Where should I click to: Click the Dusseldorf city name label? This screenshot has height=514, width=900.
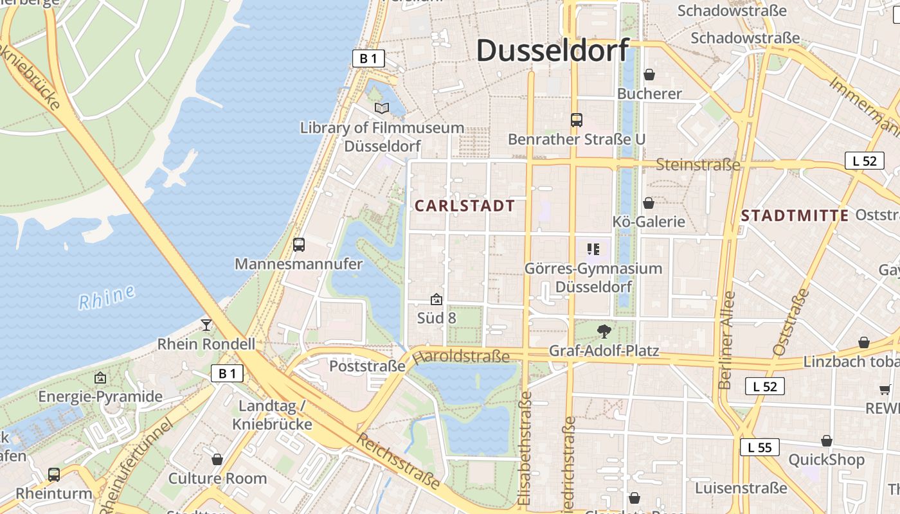click(552, 50)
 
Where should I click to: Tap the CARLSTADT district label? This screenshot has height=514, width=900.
click(465, 206)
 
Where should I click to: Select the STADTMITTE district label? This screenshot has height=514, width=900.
click(795, 216)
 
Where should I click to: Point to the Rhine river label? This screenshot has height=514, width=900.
click(107, 297)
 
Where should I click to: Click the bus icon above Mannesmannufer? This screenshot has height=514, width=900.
click(299, 245)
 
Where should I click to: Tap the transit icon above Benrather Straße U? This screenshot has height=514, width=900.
click(576, 120)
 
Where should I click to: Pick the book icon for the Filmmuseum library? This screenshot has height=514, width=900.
click(382, 109)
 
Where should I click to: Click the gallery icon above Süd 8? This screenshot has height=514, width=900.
click(437, 299)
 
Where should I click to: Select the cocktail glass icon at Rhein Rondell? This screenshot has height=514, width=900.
click(206, 324)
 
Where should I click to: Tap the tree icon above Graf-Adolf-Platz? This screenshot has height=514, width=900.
click(604, 332)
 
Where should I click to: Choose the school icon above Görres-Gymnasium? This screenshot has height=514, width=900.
click(593, 249)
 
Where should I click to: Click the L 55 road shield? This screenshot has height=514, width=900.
click(759, 447)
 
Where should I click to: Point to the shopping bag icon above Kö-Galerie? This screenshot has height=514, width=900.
click(649, 203)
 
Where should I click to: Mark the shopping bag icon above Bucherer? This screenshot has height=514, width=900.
click(649, 75)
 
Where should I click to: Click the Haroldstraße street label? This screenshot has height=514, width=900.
click(461, 356)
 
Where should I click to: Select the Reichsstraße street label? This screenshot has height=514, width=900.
click(399, 461)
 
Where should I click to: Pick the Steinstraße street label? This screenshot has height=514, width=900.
click(697, 165)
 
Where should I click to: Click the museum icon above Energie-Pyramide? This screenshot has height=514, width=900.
click(100, 378)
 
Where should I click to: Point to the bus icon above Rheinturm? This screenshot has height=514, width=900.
click(54, 475)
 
